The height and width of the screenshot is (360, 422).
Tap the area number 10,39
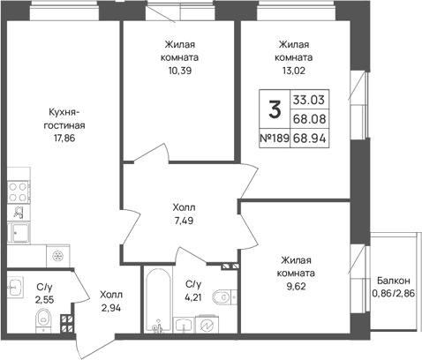pyautogui.click(x=179, y=71)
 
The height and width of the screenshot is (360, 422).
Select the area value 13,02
pyautogui.click(x=294, y=71)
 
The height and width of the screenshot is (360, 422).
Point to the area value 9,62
pyautogui.click(x=296, y=286)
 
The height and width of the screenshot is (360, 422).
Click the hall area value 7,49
pyautogui.click(x=184, y=221)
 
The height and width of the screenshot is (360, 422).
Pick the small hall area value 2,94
pyautogui.click(x=111, y=308)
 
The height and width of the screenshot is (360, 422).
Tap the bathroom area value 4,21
pyautogui.click(x=193, y=297)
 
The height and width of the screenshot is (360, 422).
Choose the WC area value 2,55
pyautogui.click(x=45, y=300)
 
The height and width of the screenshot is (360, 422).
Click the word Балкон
pyautogui.click(x=394, y=281)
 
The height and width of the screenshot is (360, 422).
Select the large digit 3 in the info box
pyautogui.click(x=275, y=109)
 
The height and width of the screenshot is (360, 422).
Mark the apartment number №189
pyautogui.click(x=275, y=138)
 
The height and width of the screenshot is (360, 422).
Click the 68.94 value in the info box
pyautogui.click(x=310, y=138)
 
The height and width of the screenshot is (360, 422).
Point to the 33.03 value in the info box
pyautogui.click(x=309, y=100)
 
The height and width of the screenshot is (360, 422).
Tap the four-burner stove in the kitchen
pyautogui.click(x=18, y=192)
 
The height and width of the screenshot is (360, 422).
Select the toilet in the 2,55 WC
pyautogui.click(x=43, y=320)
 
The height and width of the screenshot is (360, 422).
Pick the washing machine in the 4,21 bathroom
pyautogui.click(x=207, y=324)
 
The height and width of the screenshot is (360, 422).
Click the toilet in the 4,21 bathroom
pyautogui.click(x=224, y=296)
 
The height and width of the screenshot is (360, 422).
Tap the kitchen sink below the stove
pyautogui.click(x=19, y=233)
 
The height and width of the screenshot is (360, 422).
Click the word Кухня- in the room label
pyautogui.click(x=64, y=112)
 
